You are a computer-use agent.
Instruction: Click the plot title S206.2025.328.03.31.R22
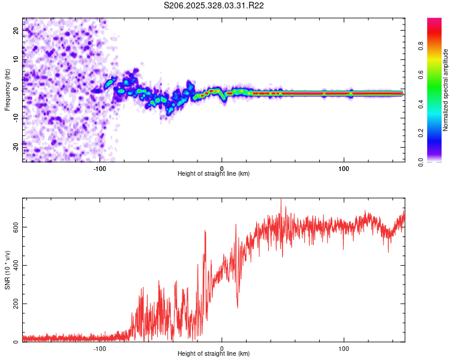[x=214, y=5]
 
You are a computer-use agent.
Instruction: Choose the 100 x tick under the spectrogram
[x=344, y=169]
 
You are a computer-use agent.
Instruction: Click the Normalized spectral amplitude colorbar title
[x=446, y=90]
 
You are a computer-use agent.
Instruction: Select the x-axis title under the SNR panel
[x=214, y=354]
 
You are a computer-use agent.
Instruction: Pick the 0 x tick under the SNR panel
[x=222, y=349]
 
